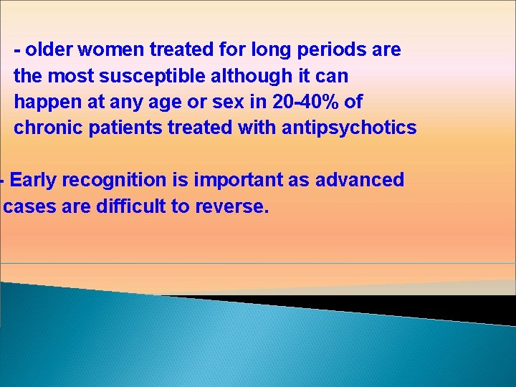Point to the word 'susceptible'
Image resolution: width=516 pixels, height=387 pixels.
click(x=146, y=76)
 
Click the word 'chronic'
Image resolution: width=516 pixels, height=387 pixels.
click(x=46, y=128)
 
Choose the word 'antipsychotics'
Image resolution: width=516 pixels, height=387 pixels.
click(x=349, y=128)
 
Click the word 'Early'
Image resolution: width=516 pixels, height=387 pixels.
click(x=34, y=180)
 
